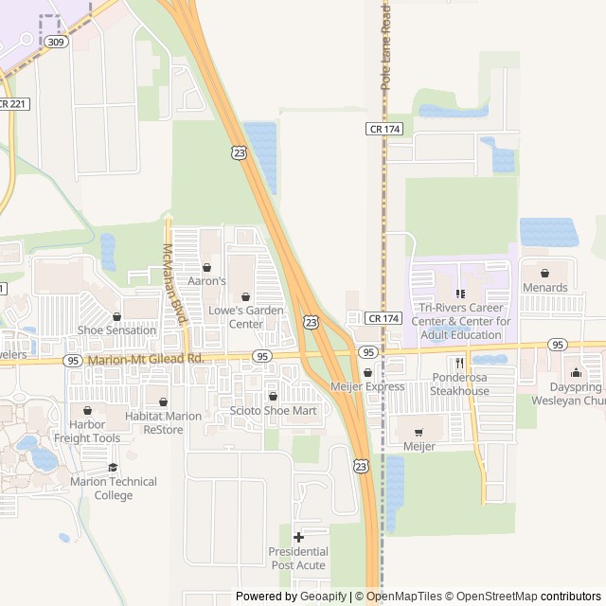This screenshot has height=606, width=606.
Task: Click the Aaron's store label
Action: (x=206, y=281)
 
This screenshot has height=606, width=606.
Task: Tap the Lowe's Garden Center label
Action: (x=244, y=316)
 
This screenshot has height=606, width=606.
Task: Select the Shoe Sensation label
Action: (x=116, y=330)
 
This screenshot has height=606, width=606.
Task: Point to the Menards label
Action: (x=544, y=288)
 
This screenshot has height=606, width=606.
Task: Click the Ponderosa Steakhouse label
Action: (x=459, y=384)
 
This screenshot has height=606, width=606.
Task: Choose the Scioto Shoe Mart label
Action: (x=273, y=410)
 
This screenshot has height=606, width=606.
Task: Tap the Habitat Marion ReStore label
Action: (x=163, y=422)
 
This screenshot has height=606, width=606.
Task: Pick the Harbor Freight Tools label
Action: (x=87, y=432)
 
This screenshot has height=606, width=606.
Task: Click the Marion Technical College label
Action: (x=114, y=489)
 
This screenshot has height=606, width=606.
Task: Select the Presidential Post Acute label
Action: (x=298, y=559)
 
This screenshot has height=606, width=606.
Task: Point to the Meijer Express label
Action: (x=367, y=386)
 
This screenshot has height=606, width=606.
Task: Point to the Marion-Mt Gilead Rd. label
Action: (x=145, y=360)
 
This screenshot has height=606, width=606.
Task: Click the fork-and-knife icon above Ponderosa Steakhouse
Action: (x=459, y=363)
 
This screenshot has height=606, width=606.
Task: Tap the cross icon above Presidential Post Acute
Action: (x=298, y=537)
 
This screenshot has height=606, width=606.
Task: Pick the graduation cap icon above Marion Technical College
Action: (x=114, y=467)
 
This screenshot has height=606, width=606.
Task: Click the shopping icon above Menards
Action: (x=544, y=273)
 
